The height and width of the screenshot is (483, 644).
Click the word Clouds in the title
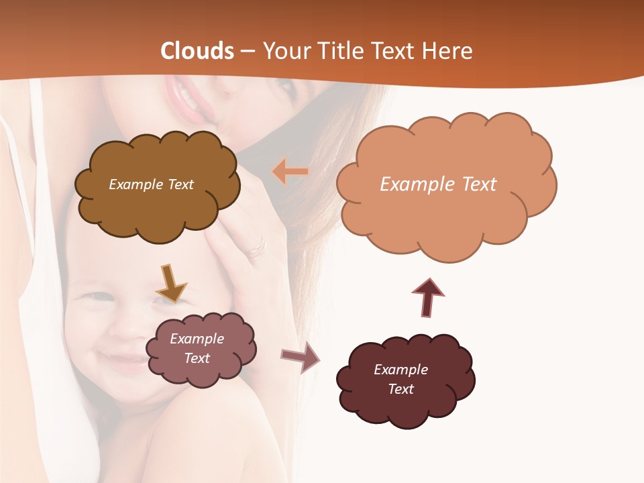point(197,51)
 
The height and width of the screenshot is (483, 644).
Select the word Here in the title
point(447,51)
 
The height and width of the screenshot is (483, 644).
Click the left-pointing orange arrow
point(290,172)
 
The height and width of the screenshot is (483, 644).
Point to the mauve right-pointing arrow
point(300,358)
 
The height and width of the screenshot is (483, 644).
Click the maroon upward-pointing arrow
point(427,297)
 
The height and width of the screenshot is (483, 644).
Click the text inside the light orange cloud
point(438,184)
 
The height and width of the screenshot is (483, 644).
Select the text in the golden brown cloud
point(151,184)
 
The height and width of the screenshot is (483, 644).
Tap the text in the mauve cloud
point(197,348)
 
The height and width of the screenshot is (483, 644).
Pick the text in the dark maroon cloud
point(400,379)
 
